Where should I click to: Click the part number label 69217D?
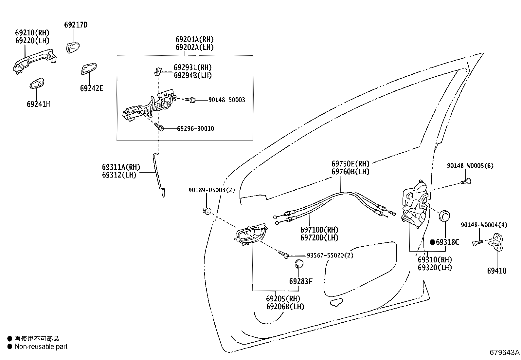pos(76,25)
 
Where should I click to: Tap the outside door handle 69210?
pos(35,61)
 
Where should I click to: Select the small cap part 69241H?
pos(37,83)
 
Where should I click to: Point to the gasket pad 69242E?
pos(89,69)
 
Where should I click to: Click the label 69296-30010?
pos(196,128)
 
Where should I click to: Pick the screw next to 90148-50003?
pos(190,100)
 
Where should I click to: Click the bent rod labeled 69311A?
pos(159,175)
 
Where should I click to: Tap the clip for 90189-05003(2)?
pos(207,211)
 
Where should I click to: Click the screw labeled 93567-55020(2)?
pos(283,254)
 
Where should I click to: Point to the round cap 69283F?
pos(299,264)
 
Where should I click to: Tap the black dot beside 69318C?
pos(432,242)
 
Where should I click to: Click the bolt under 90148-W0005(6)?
pos(466,181)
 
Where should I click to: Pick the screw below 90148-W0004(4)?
pos(478,243)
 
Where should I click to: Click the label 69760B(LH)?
pos(350,172)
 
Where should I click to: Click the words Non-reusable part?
pos(41,347)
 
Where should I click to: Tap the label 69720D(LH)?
pos(319,238)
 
